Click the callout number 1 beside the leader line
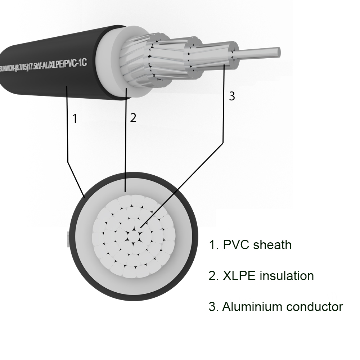tap(75, 119)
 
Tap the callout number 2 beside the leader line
tap(133, 118)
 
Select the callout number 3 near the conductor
tap(232, 96)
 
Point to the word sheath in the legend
tap(272, 244)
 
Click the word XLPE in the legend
tap(239, 275)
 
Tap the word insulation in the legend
tap(287, 275)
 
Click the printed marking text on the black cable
tap(44, 66)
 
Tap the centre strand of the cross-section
tap(134, 236)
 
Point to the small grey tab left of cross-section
tap(68, 239)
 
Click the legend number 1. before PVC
tap(214, 245)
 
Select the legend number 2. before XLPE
tap(214, 276)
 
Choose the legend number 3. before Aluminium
tap(213, 307)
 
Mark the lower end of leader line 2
tap(125, 191)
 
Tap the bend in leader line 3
tap(223, 143)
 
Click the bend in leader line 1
tap(68, 162)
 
